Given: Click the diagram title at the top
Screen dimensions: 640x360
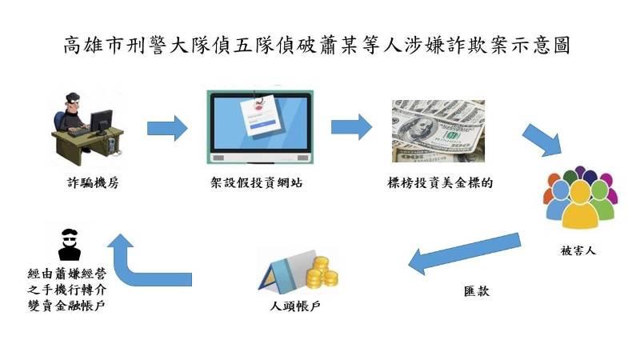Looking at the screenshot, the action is [317, 45].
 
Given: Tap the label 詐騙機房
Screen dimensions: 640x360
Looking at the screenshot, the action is [93, 182].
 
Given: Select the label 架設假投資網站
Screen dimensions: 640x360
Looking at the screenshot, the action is [256, 182].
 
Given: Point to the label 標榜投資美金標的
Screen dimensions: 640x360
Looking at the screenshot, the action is [440, 182].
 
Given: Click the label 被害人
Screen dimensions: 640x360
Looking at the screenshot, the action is [578, 250].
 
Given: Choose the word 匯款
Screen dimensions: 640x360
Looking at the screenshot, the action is [476, 291].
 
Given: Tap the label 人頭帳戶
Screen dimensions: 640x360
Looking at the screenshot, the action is [295, 306].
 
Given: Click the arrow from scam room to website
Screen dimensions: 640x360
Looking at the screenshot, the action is [167, 128].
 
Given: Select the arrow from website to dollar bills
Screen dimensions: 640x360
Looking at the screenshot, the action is [351, 127].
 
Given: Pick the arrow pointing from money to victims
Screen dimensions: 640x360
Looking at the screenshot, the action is [542, 139].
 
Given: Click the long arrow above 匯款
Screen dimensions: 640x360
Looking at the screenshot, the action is [465, 254].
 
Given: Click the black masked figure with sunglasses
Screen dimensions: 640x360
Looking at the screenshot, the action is [70, 245].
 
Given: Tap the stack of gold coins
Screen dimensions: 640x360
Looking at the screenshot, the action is [322, 272].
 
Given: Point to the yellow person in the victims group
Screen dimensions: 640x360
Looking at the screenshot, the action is [580, 204].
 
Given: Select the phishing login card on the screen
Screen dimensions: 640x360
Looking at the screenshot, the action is [258, 116].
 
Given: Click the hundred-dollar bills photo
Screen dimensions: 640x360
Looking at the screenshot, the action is [438, 131].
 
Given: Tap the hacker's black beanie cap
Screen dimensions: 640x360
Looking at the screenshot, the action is [73, 97].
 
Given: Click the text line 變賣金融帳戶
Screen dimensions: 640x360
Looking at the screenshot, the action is [66, 306].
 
